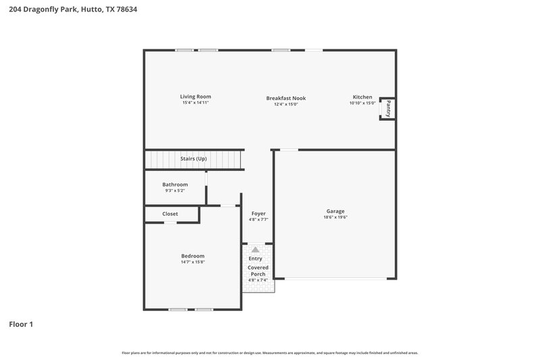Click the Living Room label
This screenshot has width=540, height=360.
(x=195, y=97)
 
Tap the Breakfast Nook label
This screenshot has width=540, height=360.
(x=286, y=98)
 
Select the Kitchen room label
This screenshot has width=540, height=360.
(x=362, y=97)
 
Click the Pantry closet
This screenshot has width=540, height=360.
(x=388, y=108)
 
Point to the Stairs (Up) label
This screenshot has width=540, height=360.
(x=193, y=159)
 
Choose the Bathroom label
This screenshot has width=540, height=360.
(x=175, y=184)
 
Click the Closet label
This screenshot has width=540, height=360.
(x=170, y=214)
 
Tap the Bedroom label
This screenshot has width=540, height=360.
(x=192, y=255)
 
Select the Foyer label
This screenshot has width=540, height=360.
(x=258, y=213)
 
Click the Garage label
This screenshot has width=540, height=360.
(x=335, y=211)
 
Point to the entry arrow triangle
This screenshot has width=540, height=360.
(x=255, y=250)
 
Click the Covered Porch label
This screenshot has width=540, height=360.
(x=258, y=272)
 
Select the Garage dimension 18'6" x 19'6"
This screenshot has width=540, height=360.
(x=335, y=217)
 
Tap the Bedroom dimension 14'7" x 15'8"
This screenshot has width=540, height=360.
(x=192, y=262)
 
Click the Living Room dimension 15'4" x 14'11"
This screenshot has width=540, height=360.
(x=195, y=103)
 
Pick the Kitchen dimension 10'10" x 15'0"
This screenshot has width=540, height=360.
(x=362, y=103)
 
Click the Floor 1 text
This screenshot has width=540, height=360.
(x=21, y=324)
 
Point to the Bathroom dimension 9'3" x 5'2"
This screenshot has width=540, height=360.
(x=175, y=191)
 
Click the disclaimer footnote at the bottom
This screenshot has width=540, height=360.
(x=269, y=353)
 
